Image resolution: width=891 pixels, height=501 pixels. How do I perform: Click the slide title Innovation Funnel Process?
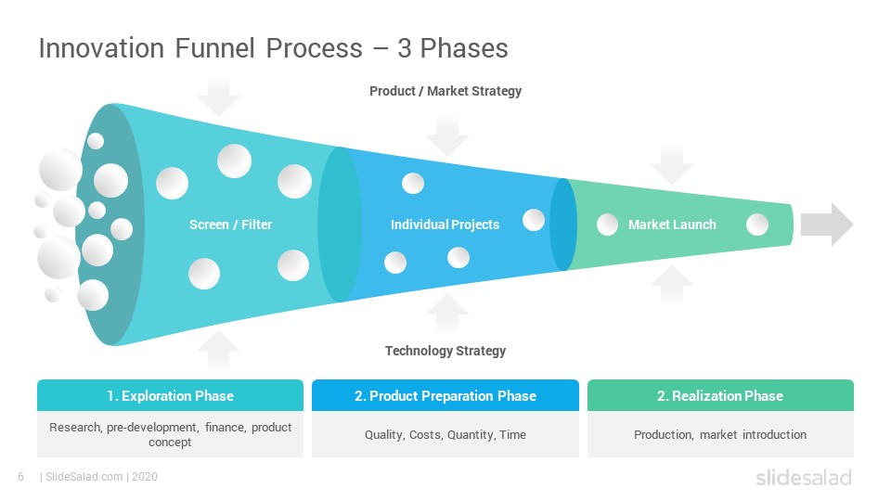[x=200, y=47]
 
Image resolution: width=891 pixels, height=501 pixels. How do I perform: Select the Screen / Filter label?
[x=231, y=225]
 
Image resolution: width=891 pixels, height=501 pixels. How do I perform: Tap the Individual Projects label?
[x=445, y=225]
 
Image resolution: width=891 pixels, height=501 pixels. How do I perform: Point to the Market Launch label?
[x=672, y=225]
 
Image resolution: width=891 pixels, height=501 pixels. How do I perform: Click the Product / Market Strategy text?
[x=445, y=91]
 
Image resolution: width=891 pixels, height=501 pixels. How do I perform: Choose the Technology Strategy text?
[x=445, y=351]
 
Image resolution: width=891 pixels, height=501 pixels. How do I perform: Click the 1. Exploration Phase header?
[x=171, y=395]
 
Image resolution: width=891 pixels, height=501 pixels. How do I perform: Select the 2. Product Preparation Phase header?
[x=445, y=395]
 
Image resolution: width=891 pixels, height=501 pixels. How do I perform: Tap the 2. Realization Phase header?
[x=720, y=395]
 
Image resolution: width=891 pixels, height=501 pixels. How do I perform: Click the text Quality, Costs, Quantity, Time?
[x=445, y=434]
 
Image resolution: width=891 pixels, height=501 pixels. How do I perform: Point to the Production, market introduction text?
[x=720, y=434]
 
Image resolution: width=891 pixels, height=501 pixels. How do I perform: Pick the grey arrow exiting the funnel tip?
[x=827, y=225]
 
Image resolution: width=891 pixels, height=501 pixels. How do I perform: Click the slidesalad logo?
[x=804, y=477]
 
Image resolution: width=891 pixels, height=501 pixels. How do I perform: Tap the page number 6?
[x=21, y=477]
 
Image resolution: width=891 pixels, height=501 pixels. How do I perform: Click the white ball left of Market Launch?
[x=607, y=225]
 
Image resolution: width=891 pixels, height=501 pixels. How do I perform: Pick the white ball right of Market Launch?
[x=757, y=225]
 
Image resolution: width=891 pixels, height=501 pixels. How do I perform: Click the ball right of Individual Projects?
[x=534, y=220]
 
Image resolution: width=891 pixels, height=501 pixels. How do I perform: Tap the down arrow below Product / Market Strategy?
[x=447, y=135]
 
